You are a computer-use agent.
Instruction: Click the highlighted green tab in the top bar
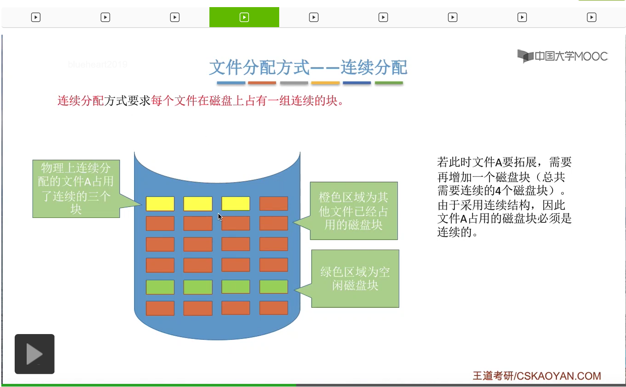point(244,17)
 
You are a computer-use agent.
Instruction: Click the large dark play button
point(35,354)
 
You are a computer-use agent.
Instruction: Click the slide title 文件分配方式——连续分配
point(308,67)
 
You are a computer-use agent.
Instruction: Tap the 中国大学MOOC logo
point(562,56)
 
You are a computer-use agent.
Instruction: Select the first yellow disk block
point(160,204)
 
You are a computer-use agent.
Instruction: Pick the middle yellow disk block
point(198,204)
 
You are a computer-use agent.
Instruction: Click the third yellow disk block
point(236,204)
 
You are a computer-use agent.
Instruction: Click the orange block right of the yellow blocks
point(274,204)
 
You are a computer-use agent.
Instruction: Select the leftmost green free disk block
point(160,287)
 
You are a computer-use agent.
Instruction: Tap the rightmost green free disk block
point(274,287)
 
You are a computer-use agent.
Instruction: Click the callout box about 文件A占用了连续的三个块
point(76,189)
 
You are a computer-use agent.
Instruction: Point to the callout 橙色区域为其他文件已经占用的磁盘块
point(354,211)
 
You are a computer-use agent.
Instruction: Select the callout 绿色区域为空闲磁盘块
point(355,278)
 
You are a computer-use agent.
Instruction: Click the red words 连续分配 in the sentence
point(80,101)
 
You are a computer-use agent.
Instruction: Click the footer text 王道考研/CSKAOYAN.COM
point(537,376)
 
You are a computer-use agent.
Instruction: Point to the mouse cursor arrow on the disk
point(219,216)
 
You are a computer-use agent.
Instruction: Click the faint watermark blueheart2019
point(98,64)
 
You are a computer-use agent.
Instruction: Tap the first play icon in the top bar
point(36,17)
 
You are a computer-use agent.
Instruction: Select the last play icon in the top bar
point(591,17)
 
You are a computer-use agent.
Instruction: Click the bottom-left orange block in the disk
point(160,308)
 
